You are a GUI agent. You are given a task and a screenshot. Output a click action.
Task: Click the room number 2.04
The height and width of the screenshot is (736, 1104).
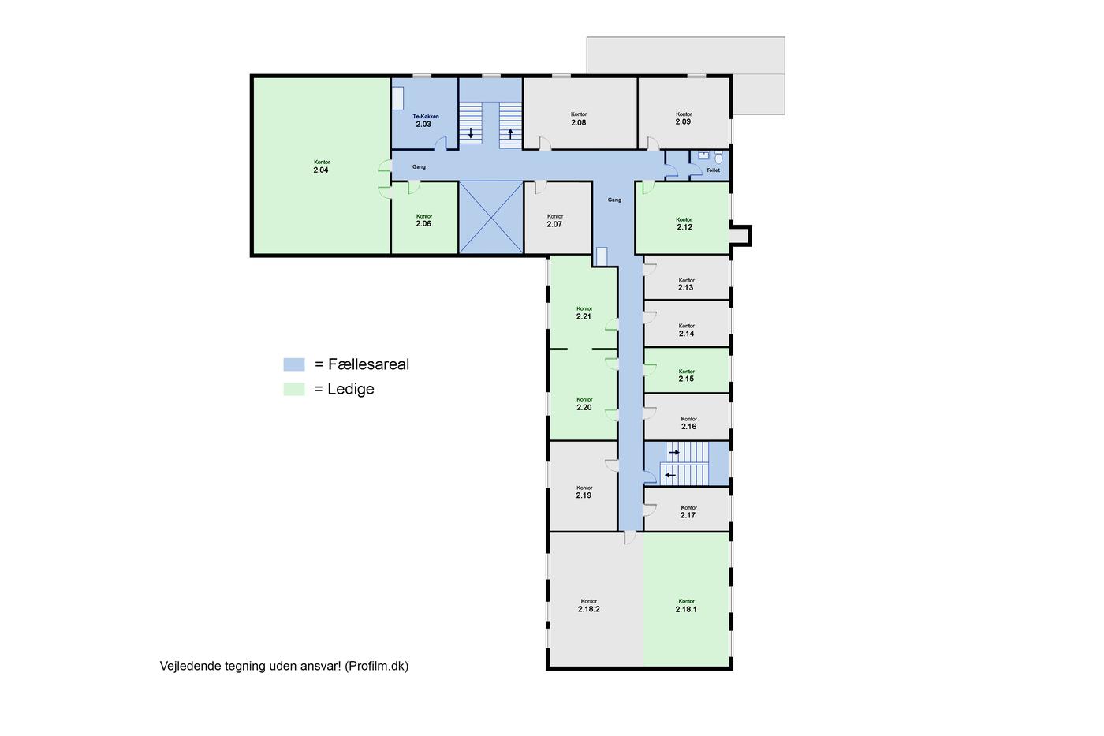[x=321, y=170]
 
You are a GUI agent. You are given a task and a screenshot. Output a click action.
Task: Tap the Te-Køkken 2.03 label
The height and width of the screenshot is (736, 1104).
[x=425, y=121]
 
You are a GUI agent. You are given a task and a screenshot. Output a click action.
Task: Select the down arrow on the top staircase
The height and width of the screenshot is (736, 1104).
[x=471, y=133]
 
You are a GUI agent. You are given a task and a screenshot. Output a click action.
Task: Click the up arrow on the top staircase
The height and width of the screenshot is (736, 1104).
[x=511, y=133]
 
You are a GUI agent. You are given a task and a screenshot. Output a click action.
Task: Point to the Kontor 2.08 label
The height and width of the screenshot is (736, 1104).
[x=579, y=119]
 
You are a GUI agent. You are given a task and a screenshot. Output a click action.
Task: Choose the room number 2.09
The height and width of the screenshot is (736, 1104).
[x=683, y=121]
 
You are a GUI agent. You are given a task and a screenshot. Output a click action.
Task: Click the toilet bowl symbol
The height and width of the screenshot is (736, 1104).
[x=718, y=158]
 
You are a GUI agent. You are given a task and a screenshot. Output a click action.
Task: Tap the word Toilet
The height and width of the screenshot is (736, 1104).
[x=713, y=170]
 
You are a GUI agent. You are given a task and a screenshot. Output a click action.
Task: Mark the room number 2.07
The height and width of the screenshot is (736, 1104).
[x=554, y=224]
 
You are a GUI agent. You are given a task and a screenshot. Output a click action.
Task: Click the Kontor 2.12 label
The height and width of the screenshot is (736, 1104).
[x=684, y=223]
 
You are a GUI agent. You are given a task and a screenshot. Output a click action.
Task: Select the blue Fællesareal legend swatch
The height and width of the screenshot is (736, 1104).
[x=294, y=364]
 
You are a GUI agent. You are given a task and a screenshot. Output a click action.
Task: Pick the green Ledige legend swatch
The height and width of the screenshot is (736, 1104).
[x=294, y=389]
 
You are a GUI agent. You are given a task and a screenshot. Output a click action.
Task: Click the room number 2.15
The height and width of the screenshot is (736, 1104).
[x=686, y=379]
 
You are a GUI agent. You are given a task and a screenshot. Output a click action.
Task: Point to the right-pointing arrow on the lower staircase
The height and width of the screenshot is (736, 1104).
[x=673, y=453]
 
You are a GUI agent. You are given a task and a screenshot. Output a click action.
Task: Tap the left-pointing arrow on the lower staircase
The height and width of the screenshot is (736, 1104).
[x=670, y=475]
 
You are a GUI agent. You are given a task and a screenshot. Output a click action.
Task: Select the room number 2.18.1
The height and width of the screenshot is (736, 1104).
[x=686, y=609]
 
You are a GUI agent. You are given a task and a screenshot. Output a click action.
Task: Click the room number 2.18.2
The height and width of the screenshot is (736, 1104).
[x=589, y=609]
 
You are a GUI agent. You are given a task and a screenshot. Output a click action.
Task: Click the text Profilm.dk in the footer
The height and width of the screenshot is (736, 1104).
[x=377, y=666]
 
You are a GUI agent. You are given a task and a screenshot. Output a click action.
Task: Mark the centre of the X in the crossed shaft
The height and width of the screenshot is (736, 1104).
[x=490, y=218]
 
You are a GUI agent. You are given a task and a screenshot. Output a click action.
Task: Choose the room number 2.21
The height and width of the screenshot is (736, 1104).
[x=584, y=316]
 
